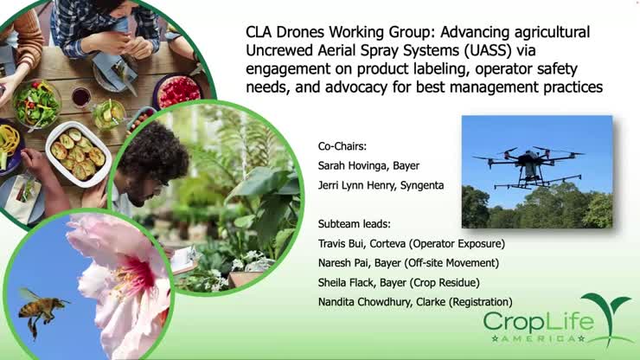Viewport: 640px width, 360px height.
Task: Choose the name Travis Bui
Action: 340,243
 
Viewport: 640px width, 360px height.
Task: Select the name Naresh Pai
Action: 343,262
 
